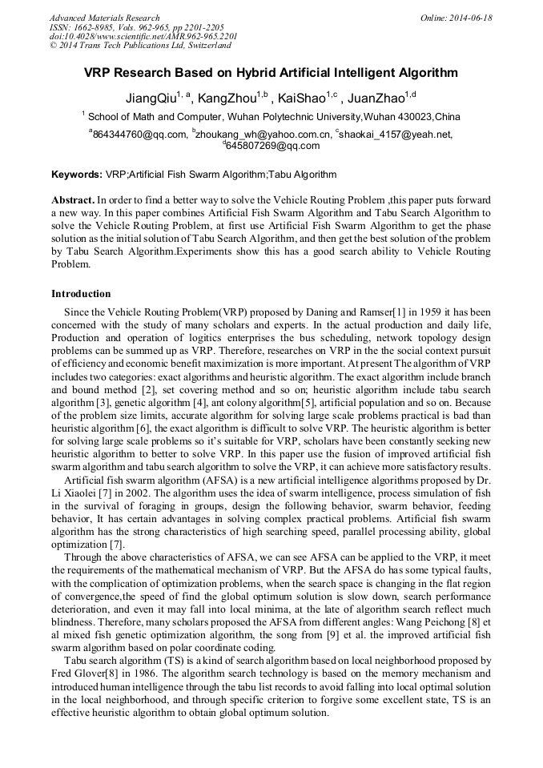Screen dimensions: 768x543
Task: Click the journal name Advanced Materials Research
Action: click(104, 18)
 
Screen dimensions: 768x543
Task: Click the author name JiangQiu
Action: click(151, 99)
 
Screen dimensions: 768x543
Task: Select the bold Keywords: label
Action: click(77, 174)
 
